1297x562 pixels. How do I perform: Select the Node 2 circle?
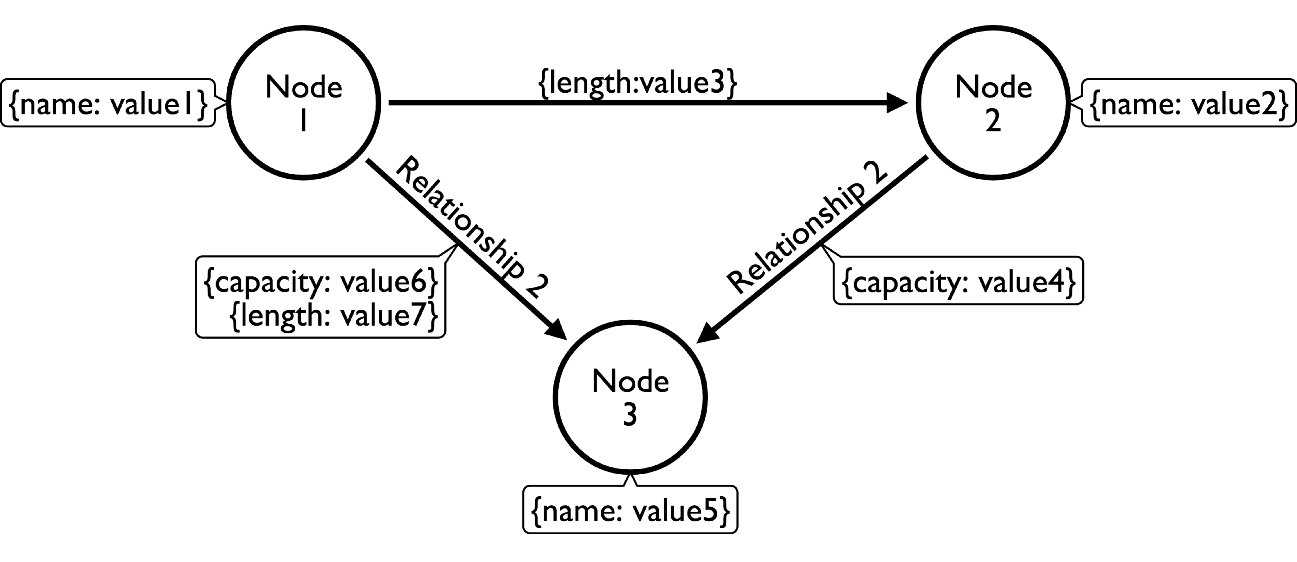(993, 103)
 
